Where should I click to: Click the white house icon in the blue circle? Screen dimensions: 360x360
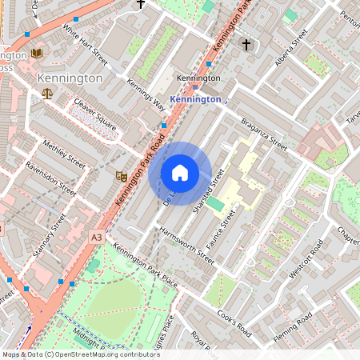click(x=180, y=173)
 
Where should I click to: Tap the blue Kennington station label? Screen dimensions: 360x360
click(x=196, y=99)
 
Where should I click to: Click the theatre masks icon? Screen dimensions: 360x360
click(x=122, y=175)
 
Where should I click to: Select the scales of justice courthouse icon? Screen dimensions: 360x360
click(x=46, y=94)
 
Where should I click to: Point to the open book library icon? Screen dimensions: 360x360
click(x=37, y=54)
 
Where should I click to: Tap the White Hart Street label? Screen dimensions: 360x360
click(x=85, y=46)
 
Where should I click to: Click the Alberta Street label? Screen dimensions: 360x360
click(x=289, y=50)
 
